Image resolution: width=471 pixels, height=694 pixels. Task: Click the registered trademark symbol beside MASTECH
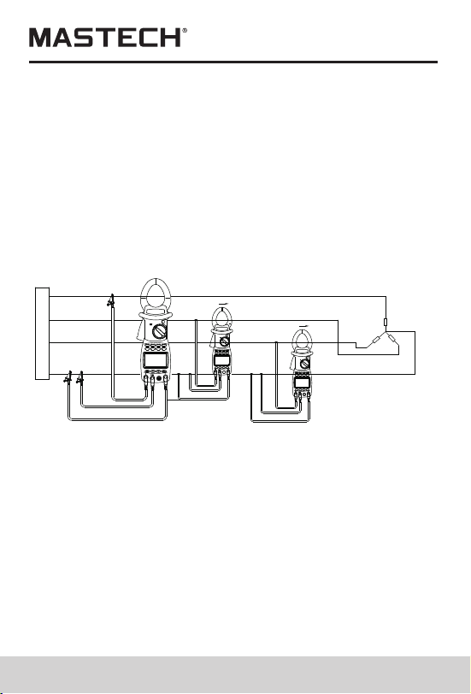[185, 31]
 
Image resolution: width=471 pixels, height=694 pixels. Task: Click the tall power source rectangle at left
[42, 333]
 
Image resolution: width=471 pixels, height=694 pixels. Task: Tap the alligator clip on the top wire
[111, 301]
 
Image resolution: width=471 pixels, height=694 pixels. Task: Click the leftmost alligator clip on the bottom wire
[68, 377]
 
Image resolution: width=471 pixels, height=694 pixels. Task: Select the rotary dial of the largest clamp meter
[159, 331]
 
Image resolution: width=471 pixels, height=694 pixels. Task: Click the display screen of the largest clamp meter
[156, 359]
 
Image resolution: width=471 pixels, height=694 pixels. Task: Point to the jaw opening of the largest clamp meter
[156, 296]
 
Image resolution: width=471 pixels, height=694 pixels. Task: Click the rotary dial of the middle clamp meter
[224, 341]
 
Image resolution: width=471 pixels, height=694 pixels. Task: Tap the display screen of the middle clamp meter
[221, 360]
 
